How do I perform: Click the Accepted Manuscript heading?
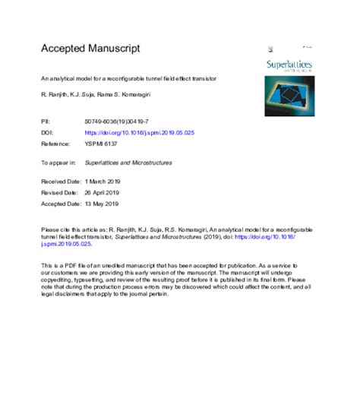click(90, 48)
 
